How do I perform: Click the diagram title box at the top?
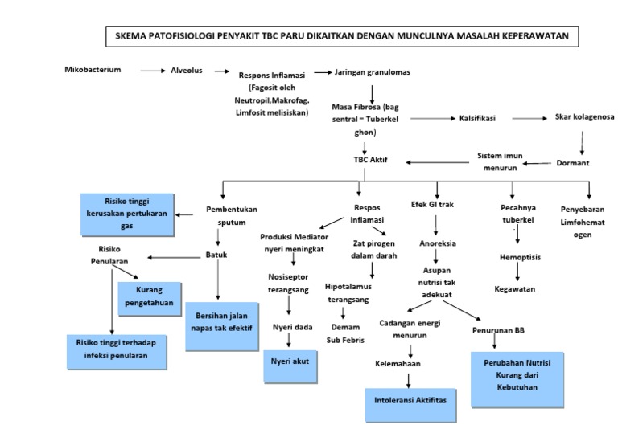342,37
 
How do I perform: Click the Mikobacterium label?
93,70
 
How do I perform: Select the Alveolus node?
186,71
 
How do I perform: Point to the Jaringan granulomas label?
372,72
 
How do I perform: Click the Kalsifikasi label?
478,118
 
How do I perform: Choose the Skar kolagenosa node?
584,117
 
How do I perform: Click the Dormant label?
573,163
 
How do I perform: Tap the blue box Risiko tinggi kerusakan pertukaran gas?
128,213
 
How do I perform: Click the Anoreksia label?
438,243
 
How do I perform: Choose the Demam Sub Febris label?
348,333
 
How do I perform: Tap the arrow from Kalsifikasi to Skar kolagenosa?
529,118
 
